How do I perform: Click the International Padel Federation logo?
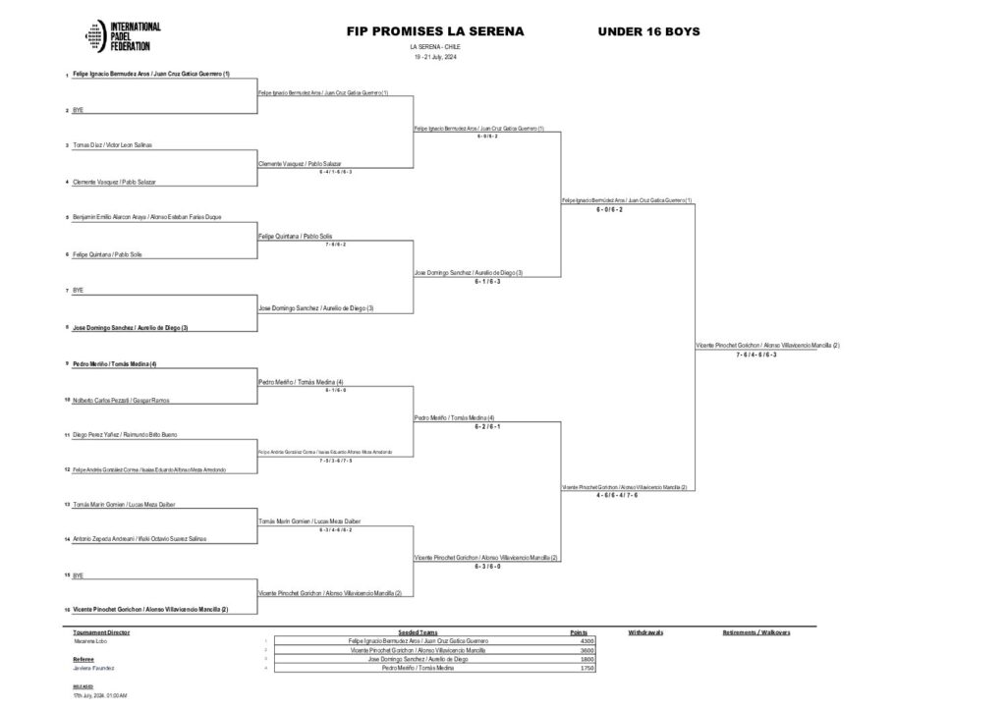click(123, 36)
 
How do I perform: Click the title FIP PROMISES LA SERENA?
click(435, 31)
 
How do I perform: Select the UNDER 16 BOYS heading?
click(648, 31)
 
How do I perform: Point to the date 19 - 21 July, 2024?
click(435, 56)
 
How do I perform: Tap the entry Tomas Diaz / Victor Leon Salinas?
click(112, 145)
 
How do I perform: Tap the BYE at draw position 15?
click(78, 574)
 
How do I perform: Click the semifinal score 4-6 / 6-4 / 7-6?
click(617, 495)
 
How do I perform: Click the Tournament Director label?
click(101, 632)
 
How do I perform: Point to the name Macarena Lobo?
click(87, 641)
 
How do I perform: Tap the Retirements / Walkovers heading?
click(756, 632)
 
